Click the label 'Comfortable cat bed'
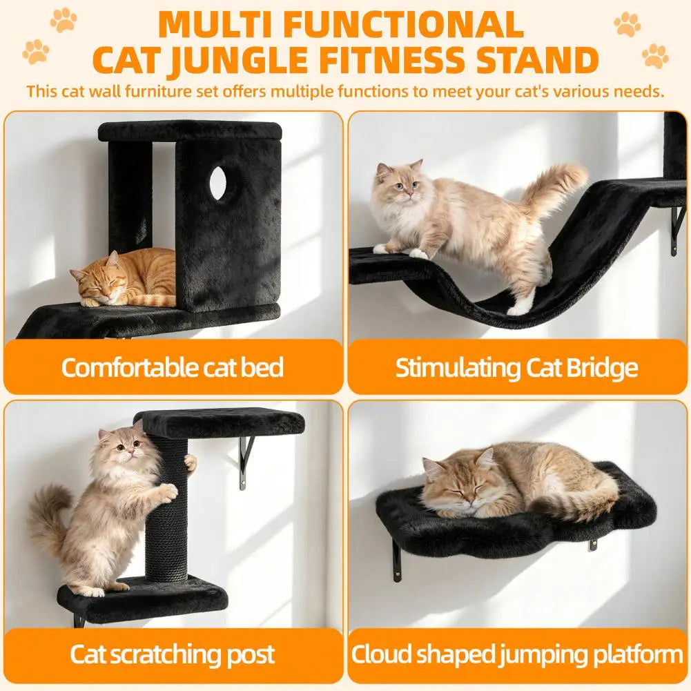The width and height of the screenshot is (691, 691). tap(173, 367)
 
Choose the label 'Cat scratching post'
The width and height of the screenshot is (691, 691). tap(173, 655)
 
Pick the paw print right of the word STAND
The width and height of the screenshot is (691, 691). tap(655, 55)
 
